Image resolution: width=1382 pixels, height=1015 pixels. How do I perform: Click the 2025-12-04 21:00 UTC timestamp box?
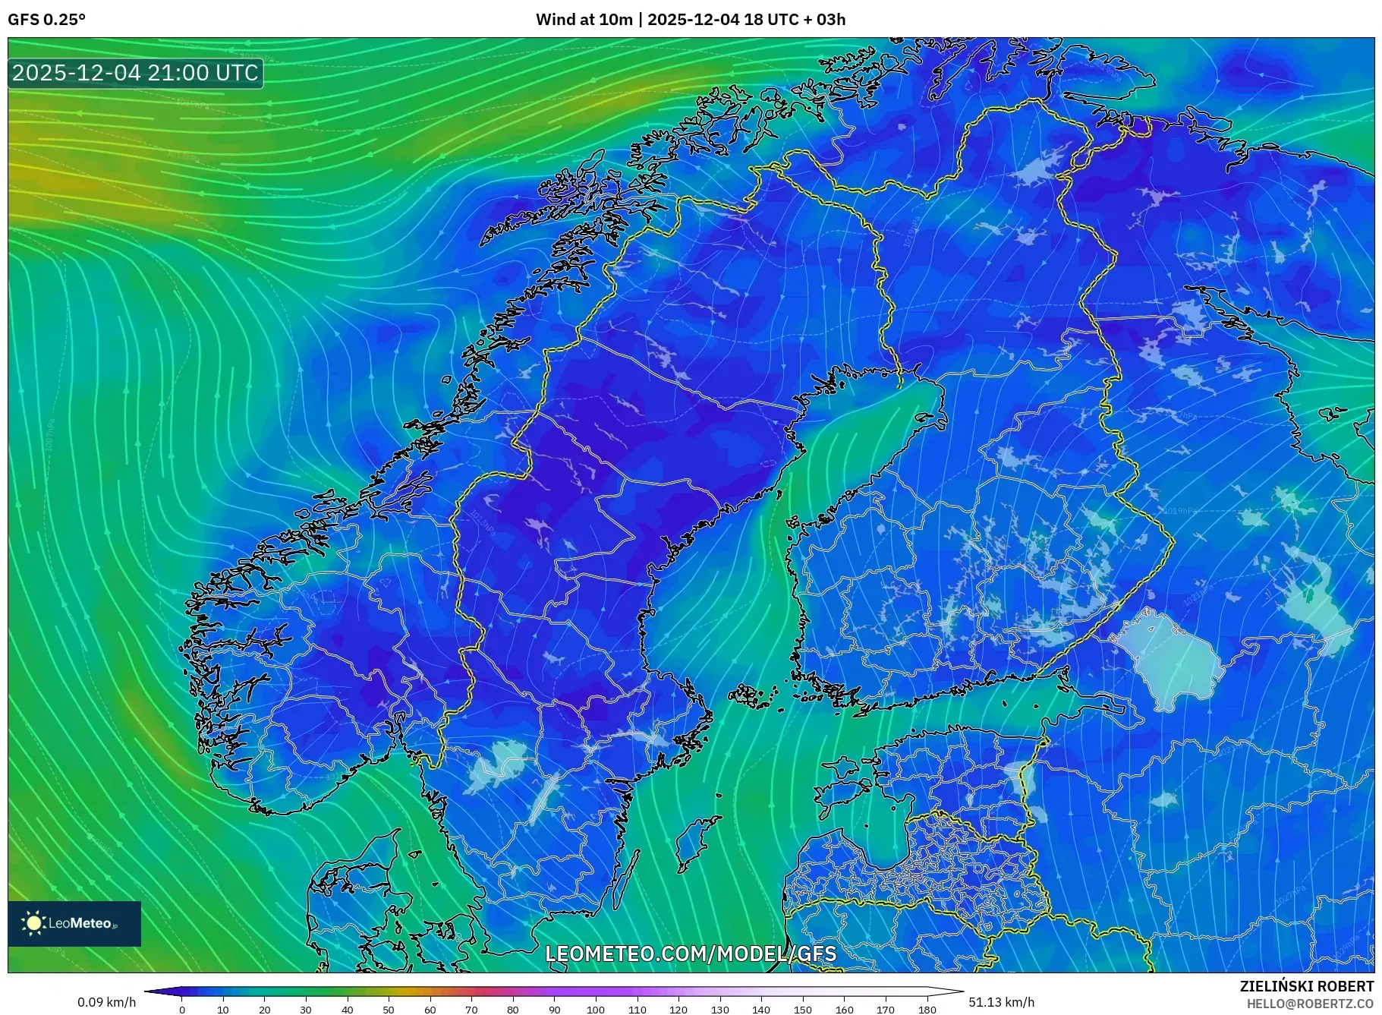click(135, 73)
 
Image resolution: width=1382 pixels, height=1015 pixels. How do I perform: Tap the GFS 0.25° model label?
click(46, 20)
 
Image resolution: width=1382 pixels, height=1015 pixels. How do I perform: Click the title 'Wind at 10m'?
click(584, 20)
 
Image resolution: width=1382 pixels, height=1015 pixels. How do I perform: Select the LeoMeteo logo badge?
click(74, 923)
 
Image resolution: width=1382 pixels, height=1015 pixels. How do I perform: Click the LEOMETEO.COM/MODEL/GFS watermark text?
click(691, 954)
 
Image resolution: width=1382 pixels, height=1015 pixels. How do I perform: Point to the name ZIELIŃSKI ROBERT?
click(1306, 986)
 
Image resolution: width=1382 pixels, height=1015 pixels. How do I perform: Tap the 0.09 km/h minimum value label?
click(106, 1002)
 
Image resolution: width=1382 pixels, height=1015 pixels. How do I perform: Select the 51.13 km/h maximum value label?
click(1001, 1002)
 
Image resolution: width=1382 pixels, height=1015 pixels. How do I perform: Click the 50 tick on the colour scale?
click(389, 1010)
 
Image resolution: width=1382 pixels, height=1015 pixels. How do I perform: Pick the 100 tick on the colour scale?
click(596, 1010)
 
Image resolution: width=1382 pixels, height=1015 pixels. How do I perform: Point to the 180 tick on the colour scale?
click(927, 1010)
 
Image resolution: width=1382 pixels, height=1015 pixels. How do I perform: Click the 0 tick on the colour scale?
click(181, 1010)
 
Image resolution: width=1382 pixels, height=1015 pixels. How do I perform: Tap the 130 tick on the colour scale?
click(719, 1010)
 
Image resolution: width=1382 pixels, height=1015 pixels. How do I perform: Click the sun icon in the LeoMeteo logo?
click(33, 923)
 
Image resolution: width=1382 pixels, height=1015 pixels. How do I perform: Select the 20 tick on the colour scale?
click(264, 1010)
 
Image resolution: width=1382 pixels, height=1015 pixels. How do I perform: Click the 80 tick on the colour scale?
click(513, 1010)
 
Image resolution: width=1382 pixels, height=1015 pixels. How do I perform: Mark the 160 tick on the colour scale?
click(844, 1010)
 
